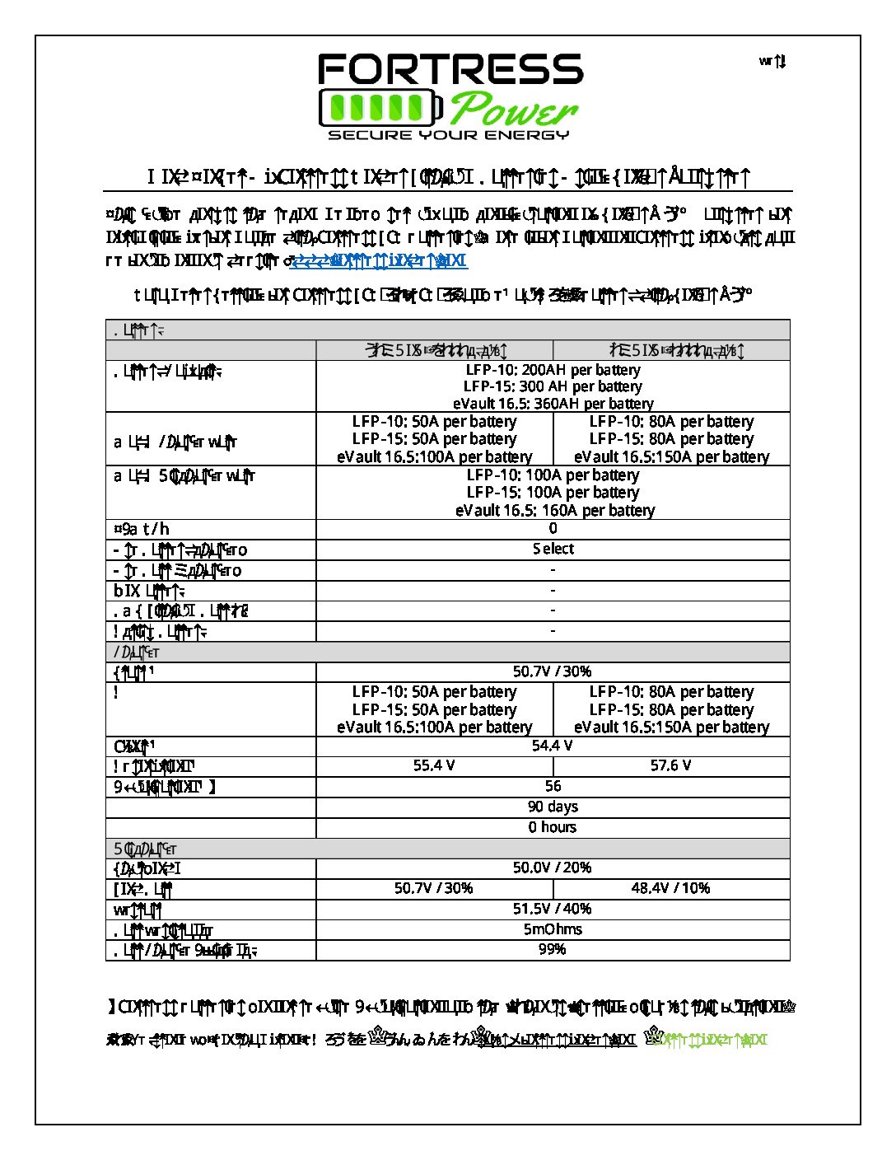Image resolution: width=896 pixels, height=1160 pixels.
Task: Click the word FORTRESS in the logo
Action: [x=450, y=70]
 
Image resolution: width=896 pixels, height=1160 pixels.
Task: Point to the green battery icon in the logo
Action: [x=380, y=108]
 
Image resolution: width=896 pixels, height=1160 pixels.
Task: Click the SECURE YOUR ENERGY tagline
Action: [x=449, y=135]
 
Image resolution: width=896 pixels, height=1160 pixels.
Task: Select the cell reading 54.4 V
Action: [x=553, y=746]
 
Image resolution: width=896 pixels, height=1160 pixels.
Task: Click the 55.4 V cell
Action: [x=434, y=766]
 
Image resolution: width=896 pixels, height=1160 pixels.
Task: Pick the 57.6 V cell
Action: [x=670, y=766]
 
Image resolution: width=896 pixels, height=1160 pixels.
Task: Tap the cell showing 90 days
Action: [x=553, y=807]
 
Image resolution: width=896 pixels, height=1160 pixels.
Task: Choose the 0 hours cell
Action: [x=553, y=827]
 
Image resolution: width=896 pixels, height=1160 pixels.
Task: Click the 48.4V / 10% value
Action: [x=670, y=888]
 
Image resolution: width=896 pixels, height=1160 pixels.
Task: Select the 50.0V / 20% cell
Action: [x=553, y=868]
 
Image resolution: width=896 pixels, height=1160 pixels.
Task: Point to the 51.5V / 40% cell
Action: [x=553, y=909]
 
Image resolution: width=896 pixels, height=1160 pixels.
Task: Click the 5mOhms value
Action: [x=553, y=929]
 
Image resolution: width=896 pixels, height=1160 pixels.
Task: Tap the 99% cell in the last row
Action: [x=553, y=950]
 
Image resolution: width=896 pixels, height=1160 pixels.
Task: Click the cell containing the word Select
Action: [x=553, y=549]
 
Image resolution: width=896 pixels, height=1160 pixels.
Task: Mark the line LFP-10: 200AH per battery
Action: [x=553, y=370]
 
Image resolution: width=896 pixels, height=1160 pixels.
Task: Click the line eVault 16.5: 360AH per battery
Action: [x=553, y=404]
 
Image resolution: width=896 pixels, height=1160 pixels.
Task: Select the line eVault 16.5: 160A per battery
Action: [x=554, y=511]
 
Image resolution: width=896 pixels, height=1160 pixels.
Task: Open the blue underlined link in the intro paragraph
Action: [x=380, y=261]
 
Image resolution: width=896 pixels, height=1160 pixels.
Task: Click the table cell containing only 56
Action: [x=553, y=787]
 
